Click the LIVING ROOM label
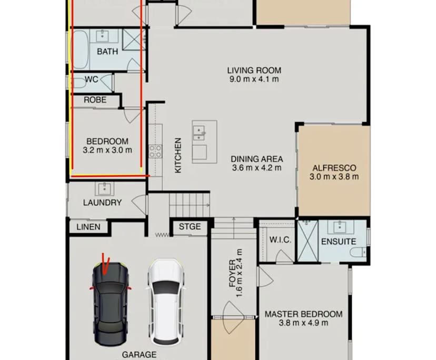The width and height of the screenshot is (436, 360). point(254,70)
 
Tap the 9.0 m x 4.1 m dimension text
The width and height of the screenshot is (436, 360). point(254,79)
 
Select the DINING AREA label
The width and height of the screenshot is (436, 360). point(257,159)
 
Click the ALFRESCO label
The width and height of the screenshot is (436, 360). point(334,168)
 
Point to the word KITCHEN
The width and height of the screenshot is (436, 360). point(178,155)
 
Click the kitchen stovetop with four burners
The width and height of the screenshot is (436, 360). point(155,152)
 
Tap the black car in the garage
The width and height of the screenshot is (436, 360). point(111,296)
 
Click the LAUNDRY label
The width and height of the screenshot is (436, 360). point(102,203)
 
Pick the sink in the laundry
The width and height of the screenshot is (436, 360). point(103,188)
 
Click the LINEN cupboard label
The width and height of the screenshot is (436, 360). point(88,227)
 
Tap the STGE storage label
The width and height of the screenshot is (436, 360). point(190,227)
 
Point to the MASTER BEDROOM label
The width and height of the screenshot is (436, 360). point(303,314)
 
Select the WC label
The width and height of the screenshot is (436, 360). point(92,80)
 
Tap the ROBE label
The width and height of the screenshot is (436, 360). point(95,99)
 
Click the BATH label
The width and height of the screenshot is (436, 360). point(107,52)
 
